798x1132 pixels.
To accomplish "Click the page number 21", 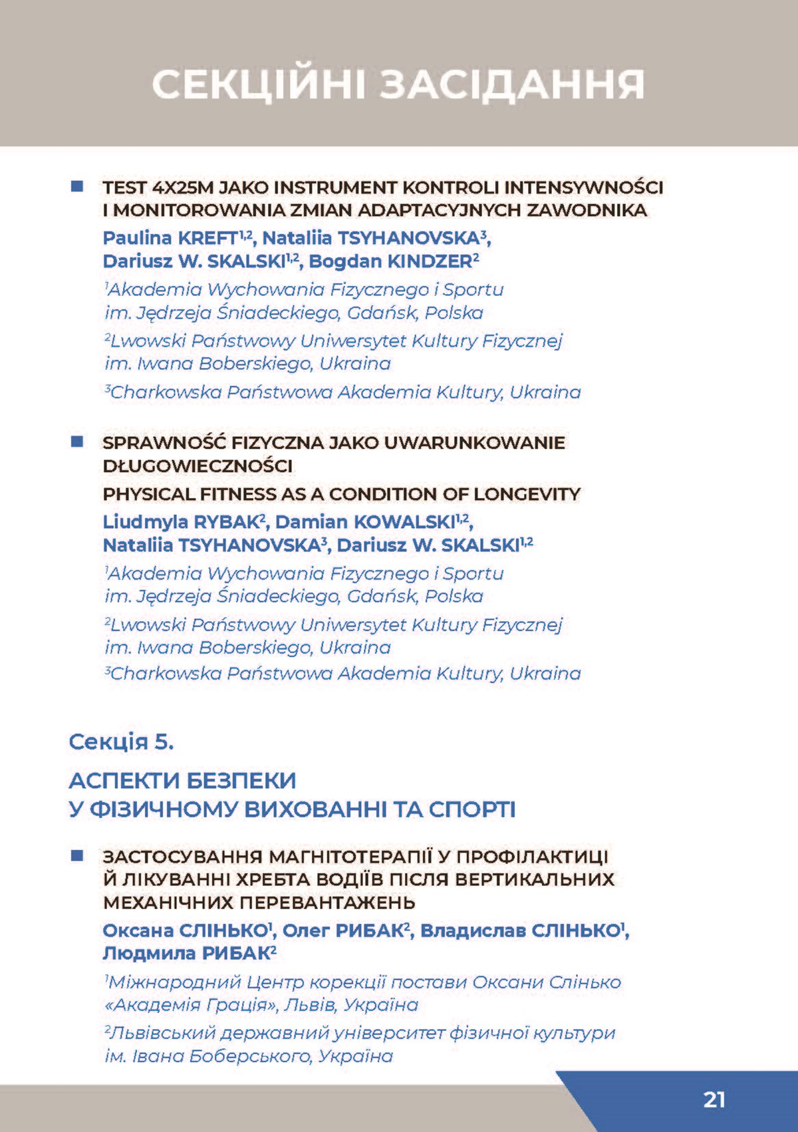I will pos(714,1099).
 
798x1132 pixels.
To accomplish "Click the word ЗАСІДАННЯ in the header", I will pos(513,86).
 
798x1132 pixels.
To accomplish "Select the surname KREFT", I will pos(208,238).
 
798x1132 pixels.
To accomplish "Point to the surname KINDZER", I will pos(429,261).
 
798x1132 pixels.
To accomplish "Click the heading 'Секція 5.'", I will pos(121,742).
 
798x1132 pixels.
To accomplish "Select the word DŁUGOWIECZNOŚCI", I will pos(198,466).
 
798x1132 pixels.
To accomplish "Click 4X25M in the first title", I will pos(182,188).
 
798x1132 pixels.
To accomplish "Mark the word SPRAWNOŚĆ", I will pos(164,443).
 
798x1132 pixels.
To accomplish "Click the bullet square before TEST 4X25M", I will pos(77,186).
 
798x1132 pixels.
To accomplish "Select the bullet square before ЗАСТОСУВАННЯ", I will pos(77,855).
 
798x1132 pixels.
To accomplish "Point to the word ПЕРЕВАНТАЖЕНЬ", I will pos(327,903).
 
